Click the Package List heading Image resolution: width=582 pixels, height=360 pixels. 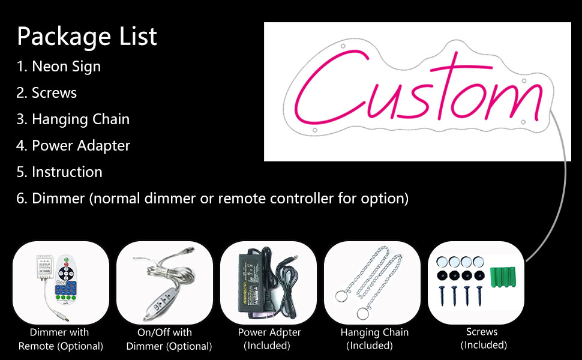coord(87,37)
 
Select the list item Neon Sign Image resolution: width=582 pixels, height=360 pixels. coord(59,67)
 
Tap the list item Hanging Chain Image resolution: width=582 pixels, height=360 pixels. coord(73,119)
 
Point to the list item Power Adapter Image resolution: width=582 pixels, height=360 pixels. coord(73,146)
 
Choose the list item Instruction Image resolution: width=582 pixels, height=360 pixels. coord(59,172)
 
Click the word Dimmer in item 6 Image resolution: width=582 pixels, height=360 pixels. coord(58,199)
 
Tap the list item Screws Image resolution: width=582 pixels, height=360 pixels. coord(46,93)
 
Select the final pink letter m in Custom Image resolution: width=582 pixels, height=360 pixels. coord(512,100)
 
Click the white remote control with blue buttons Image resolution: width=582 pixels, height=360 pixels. coord(66,278)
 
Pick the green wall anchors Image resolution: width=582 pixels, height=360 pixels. coord(503,277)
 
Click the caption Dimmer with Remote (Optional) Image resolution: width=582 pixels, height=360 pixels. coord(61,339)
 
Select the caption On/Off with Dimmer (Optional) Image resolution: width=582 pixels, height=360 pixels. coord(169,339)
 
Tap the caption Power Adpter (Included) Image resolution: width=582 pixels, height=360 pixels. coord(269,339)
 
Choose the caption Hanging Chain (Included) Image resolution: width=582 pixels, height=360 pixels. coord(374,339)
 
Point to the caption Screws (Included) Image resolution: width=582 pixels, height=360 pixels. coord(483,338)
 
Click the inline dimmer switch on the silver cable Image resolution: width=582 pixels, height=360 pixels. coord(159,303)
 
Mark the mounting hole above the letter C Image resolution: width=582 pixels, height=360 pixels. coord(343,46)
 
